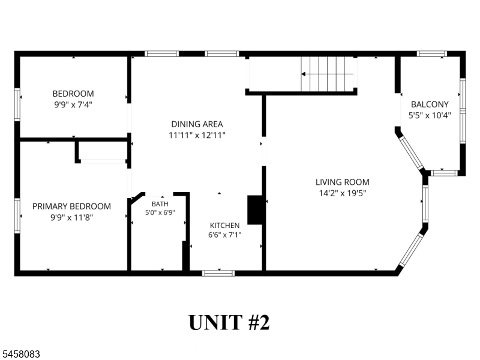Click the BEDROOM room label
pos(73,94)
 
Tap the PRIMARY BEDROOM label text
pos(71,206)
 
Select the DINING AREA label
pos(197,124)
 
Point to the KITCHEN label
pos(224,226)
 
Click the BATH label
pos(160,204)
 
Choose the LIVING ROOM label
pos(342,182)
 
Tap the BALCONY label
pos(430,104)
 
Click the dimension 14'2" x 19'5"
pos(343,193)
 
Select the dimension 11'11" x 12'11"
pos(197,135)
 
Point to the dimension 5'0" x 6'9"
pos(160,212)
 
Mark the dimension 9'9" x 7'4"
pos(73,104)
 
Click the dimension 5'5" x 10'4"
pos(430,115)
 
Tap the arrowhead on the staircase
pos(304,74)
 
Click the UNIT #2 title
pos(229,322)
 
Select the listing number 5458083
pos(20,354)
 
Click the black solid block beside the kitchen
pos(254,210)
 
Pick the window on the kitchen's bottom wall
pos(218,273)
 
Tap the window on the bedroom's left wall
pos(17,104)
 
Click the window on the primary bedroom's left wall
pos(17,216)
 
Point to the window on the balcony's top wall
pos(431,54)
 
